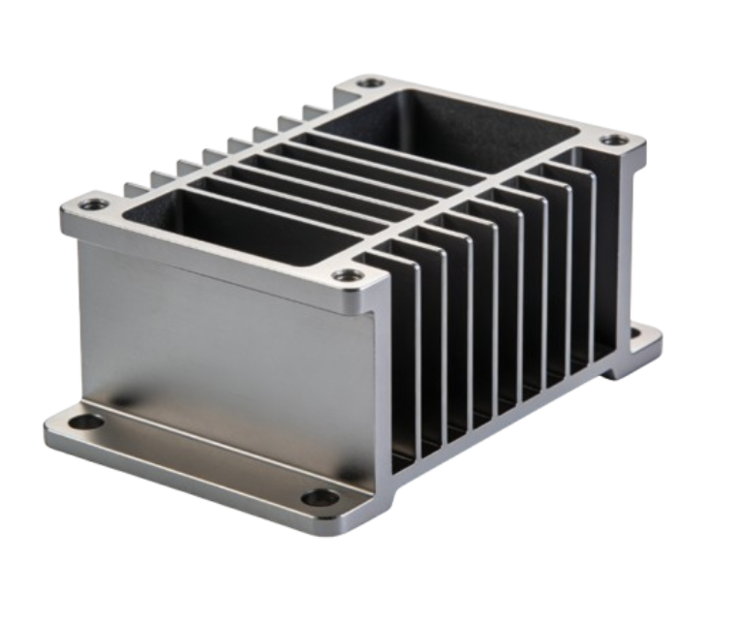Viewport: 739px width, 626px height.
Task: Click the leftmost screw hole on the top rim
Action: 91,205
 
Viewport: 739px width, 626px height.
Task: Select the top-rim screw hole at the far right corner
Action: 611,141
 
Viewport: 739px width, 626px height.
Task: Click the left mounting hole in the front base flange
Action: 92,423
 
